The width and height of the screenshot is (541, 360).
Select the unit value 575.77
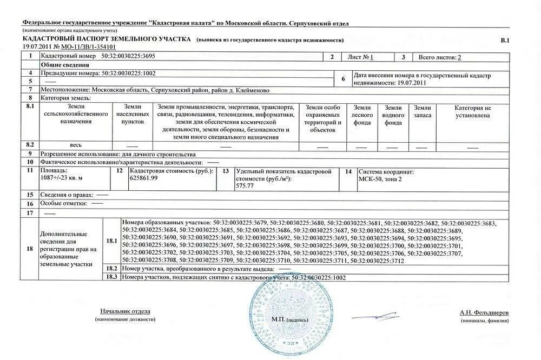click(x=245, y=185)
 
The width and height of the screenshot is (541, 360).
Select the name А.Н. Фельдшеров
click(x=484, y=312)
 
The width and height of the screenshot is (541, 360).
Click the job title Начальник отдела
click(x=125, y=311)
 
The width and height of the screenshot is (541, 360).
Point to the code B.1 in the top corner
click(x=505, y=40)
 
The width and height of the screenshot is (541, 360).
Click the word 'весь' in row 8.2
click(x=76, y=145)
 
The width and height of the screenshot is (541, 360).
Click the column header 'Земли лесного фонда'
click(x=363, y=115)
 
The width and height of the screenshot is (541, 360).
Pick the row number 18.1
click(x=111, y=241)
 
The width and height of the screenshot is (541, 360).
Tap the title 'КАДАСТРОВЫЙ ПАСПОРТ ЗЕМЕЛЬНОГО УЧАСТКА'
click(x=107, y=39)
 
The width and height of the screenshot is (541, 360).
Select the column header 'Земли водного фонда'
click(x=393, y=115)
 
